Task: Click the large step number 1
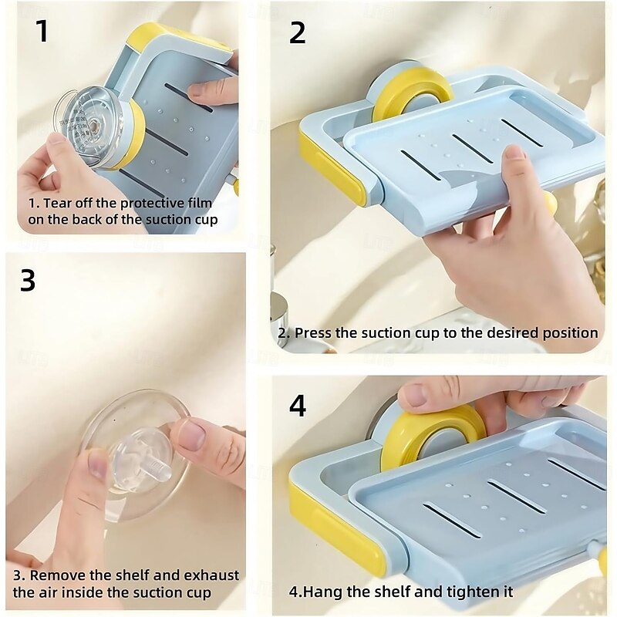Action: tap(42, 31)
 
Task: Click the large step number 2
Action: tap(297, 33)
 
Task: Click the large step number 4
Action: tap(298, 406)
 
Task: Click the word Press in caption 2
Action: tap(313, 333)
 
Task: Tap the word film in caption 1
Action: tap(199, 204)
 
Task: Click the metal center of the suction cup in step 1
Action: tap(93, 126)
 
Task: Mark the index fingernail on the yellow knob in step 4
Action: tap(413, 395)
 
